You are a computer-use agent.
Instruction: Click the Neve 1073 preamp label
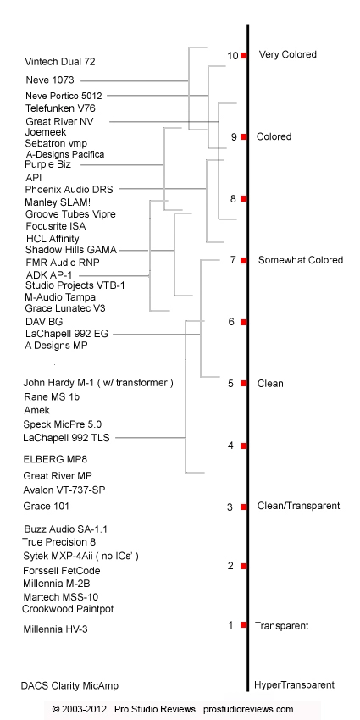pos(50,80)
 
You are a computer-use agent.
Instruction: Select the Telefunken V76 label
pos(60,108)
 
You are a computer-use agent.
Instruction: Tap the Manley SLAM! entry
pos(61,202)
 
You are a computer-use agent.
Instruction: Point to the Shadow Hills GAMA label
pos(71,250)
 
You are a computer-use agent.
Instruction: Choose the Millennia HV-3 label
pos(56,629)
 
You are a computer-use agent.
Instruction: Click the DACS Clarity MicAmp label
pos(69,686)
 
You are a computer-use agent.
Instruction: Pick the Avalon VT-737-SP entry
pos(64,490)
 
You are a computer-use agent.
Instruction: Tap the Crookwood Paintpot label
pos(68,609)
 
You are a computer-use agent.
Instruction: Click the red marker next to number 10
pos(244,56)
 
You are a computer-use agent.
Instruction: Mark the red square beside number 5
pos(244,384)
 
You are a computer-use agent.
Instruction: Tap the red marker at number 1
pos(244,625)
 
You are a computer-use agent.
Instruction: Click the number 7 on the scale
pos(233,260)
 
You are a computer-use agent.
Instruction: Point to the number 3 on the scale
pos(230,507)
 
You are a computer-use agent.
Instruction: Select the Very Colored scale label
pos(288,55)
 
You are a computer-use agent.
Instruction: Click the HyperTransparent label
pos(294,685)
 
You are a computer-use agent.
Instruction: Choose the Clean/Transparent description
pos(298,506)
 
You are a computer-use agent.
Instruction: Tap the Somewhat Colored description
pos(301,260)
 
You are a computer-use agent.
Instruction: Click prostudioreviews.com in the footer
pos(248,710)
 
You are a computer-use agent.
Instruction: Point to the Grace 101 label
pos(47,507)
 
